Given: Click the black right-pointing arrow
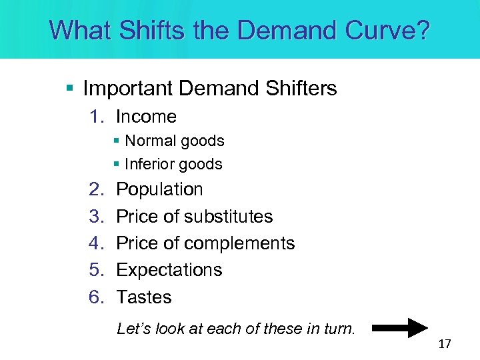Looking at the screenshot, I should [x=399, y=328].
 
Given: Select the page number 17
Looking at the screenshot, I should [x=445, y=344].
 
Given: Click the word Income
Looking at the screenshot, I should [x=146, y=117].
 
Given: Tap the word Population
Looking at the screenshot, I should [x=159, y=189].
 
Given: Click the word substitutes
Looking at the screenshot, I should [x=228, y=217].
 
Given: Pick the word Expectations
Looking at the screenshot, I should [x=169, y=270].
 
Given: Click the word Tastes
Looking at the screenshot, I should [x=144, y=297].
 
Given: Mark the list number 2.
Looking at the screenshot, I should [x=95, y=189].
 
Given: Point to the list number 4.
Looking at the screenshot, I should [x=95, y=243].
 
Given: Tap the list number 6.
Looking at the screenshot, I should [x=95, y=297].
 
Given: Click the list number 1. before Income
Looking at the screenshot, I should [x=97, y=117].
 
